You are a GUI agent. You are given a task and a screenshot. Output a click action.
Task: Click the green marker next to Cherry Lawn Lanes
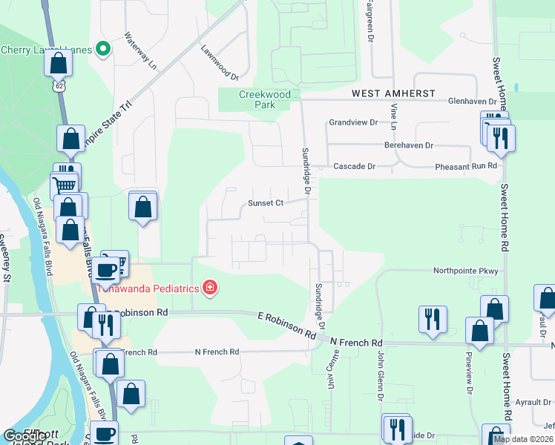[104, 50]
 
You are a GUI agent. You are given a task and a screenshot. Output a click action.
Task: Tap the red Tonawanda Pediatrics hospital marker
[210, 288]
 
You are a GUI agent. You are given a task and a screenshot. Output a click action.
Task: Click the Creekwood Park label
[265, 99]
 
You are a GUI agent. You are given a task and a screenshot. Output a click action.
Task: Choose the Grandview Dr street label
[353, 122]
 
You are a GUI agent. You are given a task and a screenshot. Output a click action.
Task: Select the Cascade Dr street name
[354, 167]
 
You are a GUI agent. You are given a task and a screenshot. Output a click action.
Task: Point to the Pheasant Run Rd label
[465, 167]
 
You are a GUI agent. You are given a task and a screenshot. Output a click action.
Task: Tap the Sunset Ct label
[266, 203]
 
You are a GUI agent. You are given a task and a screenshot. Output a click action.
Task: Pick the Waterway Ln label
[141, 51]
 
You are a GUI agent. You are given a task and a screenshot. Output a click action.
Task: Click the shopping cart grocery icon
[65, 185]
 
